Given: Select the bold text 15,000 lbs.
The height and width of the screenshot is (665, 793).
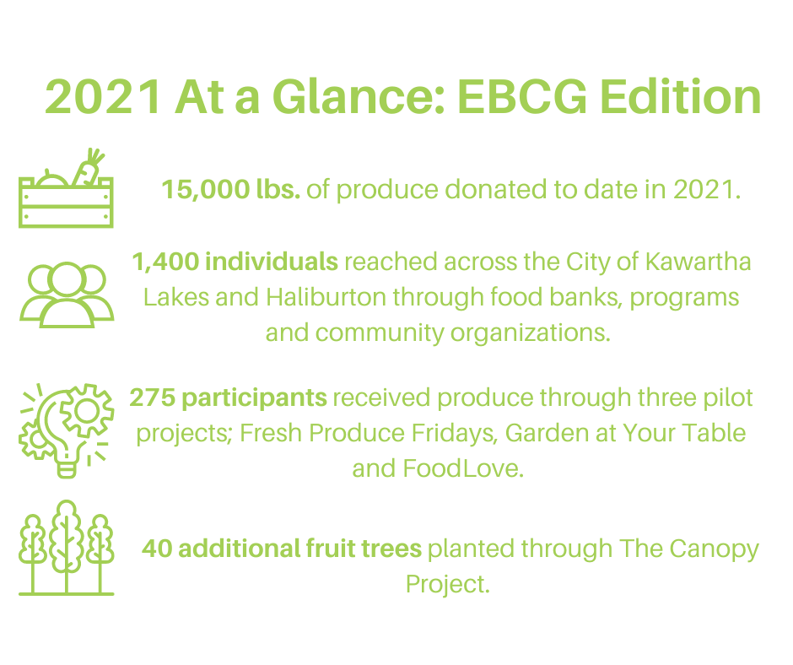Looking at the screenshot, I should pyautogui.click(x=230, y=189).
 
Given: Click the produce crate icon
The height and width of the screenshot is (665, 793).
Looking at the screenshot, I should pyautogui.click(x=66, y=196).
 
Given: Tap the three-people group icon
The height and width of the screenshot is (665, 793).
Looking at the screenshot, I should pyautogui.click(x=66, y=293).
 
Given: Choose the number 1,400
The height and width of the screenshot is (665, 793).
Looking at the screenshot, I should pyautogui.click(x=165, y=262).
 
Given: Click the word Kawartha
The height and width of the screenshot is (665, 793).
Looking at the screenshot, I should pyautogui.click(x=698, y=262).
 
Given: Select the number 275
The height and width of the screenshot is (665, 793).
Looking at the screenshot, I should pyautogui.click(x=151, y=397).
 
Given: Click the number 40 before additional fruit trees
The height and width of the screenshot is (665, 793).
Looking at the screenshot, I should pyautogui.click(x=157, y=549).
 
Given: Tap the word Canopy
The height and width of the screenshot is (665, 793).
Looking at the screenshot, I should pyautogui.click(x=715, y=549).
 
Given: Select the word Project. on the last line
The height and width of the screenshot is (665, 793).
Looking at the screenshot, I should pyautogui.click(x=447, y=584).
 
